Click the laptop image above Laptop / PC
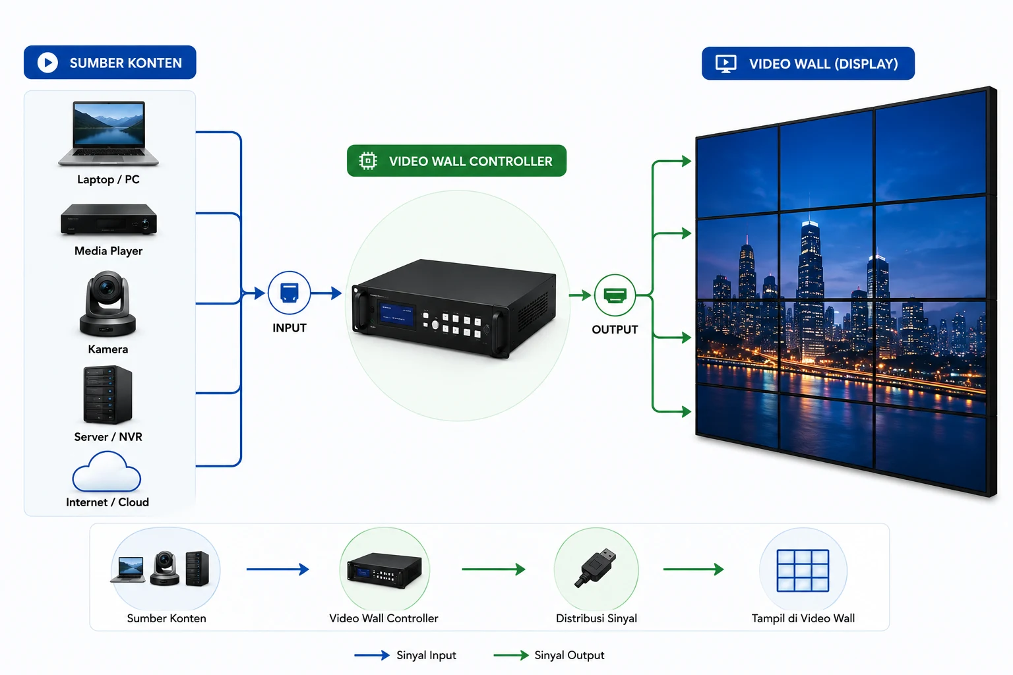109,133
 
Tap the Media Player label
109,251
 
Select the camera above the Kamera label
107,304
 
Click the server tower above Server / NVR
107,395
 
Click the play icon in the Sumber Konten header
48,63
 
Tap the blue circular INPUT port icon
290,293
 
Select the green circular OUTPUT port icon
615,295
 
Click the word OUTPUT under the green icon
615,330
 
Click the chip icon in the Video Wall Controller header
368,161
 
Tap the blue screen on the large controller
397,314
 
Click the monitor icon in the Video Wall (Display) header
726,64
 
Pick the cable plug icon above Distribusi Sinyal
596,568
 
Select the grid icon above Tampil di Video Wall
803,571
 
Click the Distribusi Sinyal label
596,618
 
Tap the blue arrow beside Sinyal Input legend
372,655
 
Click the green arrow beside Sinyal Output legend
511,655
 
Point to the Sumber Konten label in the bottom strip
166,618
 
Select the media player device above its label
109,220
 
